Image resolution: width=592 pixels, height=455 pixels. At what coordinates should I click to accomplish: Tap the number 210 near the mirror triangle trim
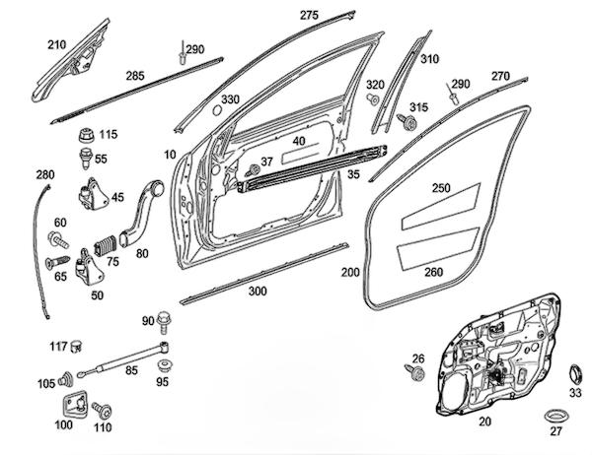tap(56, 44)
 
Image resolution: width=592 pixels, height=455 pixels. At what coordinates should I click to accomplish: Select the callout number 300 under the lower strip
tap(258, 292)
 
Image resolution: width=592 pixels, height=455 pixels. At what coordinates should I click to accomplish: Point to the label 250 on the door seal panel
tap(441, 187)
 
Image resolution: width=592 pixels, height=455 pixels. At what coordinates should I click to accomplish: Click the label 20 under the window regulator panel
tap(484, 421)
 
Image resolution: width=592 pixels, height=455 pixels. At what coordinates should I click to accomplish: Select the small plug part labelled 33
tap(571, 374)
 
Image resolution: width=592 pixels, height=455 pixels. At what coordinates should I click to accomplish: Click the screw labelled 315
tap(405, 121)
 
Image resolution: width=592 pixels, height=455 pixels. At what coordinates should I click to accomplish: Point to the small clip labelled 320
tap(373, 100)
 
